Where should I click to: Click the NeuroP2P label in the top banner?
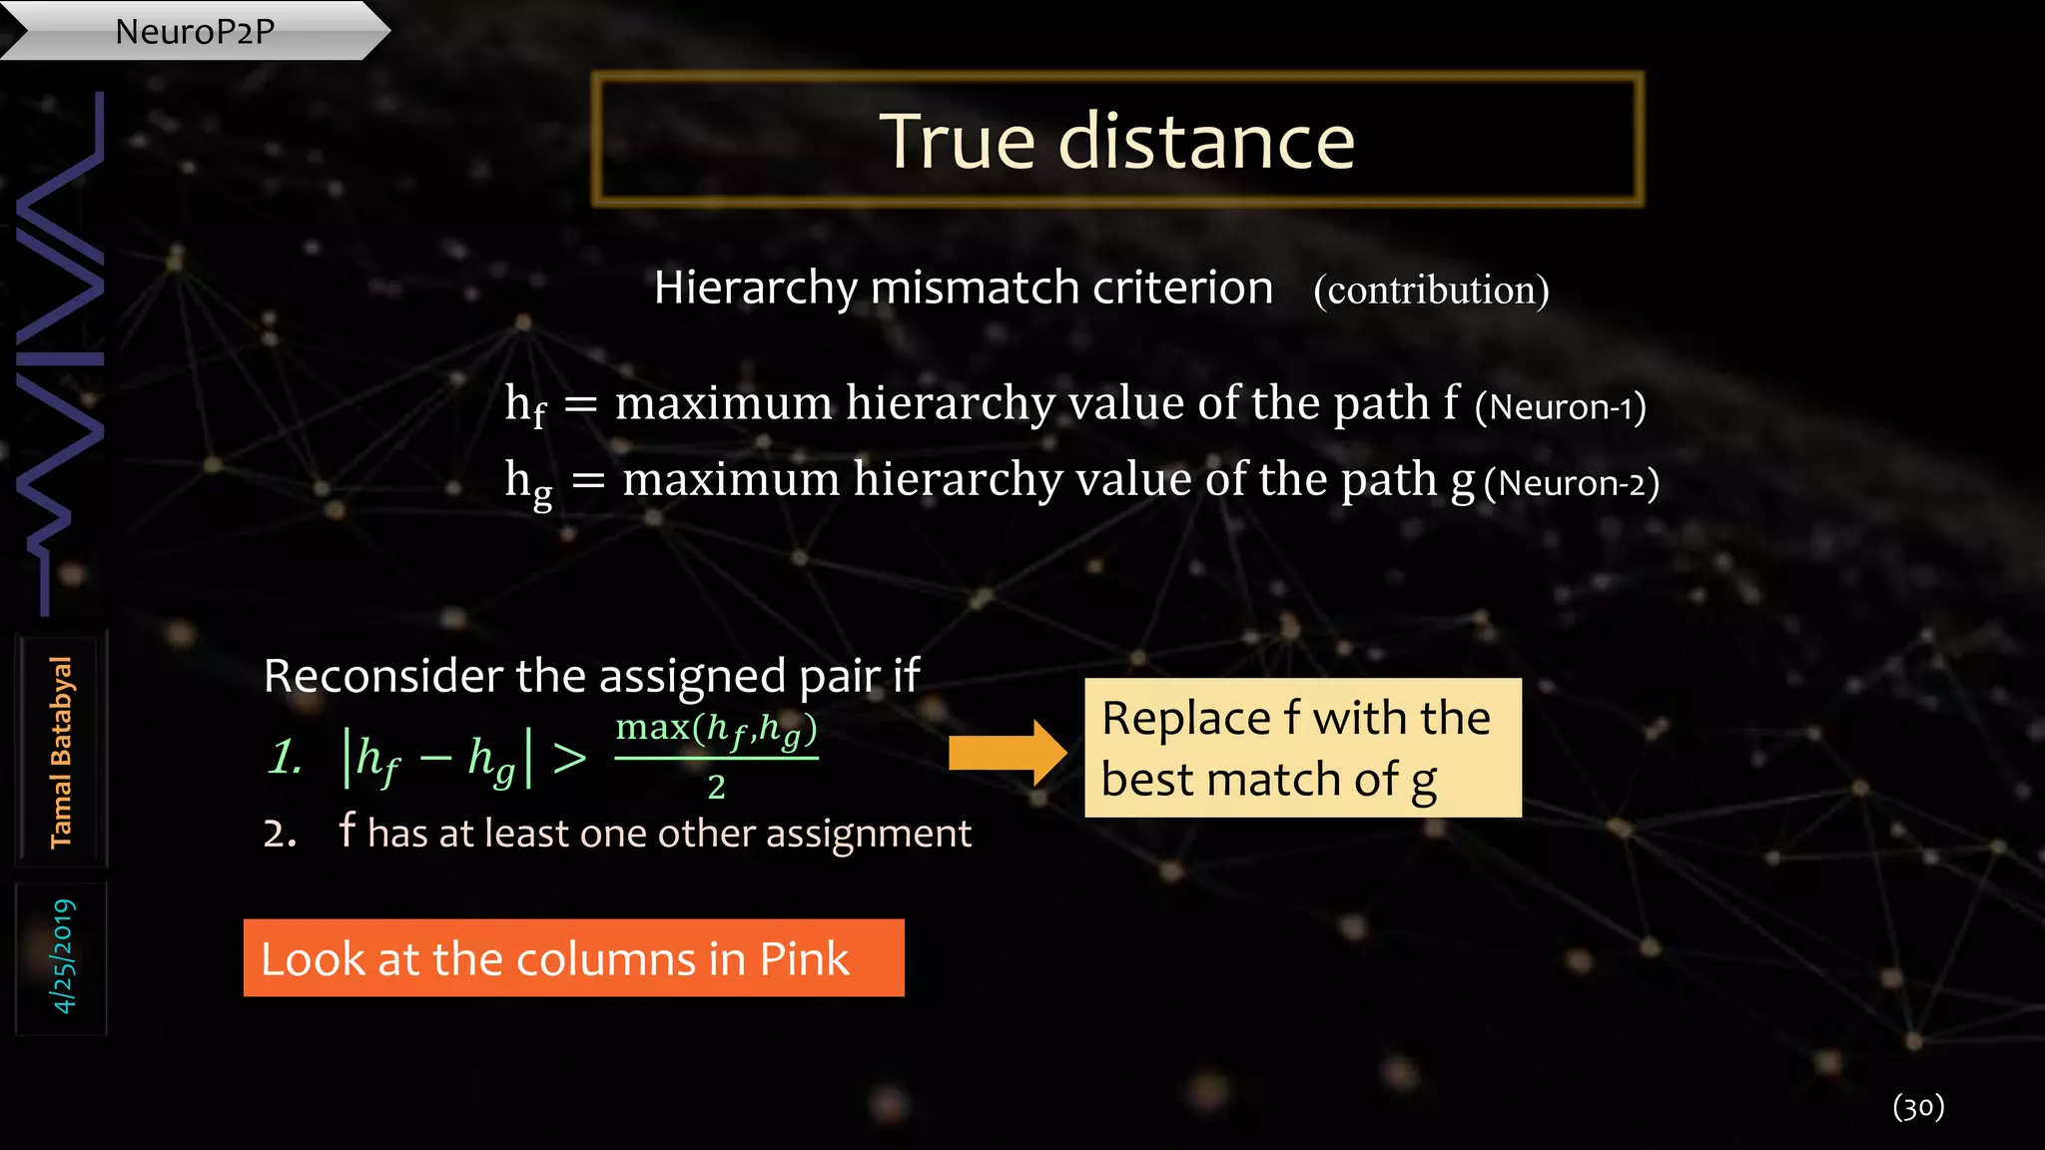195,31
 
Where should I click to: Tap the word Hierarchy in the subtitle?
755,288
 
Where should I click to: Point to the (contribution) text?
1431,290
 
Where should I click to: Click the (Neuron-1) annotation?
1560,407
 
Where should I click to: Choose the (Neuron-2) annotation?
1572,483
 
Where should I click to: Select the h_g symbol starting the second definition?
528,482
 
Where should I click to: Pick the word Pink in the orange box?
804,959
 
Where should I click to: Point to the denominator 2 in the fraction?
716,788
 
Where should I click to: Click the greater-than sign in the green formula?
569,759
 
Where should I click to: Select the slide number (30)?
1918,1106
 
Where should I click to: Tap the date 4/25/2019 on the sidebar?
62,956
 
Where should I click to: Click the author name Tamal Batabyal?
61,752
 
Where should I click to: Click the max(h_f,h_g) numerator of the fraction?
716,730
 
